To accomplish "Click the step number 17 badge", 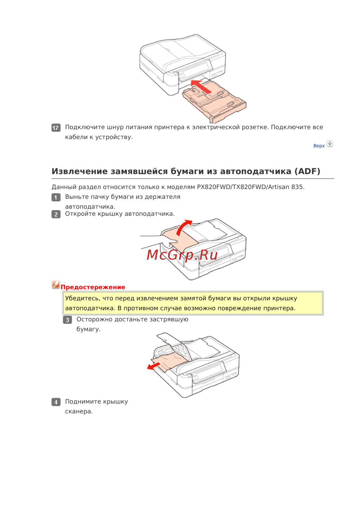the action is pyautogui.click(x=56, y=128).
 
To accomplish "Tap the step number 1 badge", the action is pyautogui.click(x=56, y=197).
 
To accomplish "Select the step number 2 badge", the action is pyautogui.click(x=56, y=214).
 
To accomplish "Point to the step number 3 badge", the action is pyautogui.click(x=67, y=320).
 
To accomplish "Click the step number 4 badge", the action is pyautogui.click(x=56, y=402).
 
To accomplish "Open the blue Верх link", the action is pyautogui.click(x=319, y=146).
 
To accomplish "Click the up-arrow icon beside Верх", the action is pyautogui.click(x=330, y=144).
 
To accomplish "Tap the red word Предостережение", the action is pyautogui.click(x=93, y=287).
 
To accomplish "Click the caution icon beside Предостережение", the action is pyautogui.click(x=56, y=285).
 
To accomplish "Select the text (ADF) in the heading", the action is pyautogui.click(x=307, y=171).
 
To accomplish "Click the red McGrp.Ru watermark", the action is pyautogui.click(x=182, y=255).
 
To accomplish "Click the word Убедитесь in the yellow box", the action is pyautogui.click(x=82, y=298).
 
